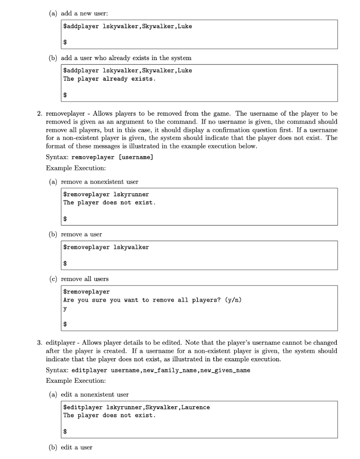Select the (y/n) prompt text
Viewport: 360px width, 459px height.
click(x=232, y=300)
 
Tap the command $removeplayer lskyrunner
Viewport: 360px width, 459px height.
click(x=106, y=195)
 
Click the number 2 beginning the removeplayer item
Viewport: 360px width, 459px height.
click(x=39, y=114)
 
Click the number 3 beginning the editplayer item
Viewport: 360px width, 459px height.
click(x=39, y=343)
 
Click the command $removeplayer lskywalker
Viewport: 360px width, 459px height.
click(x=106, y=247)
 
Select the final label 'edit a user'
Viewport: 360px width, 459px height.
click(x=77, y=447)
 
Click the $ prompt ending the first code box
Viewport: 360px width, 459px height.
click(x=65, y=42)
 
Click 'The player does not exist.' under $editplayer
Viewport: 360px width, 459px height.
click(x=109, y=416)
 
